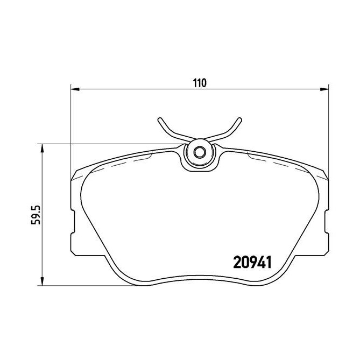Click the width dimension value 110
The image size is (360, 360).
coord(200,83)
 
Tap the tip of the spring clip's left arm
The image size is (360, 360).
coord(159,118)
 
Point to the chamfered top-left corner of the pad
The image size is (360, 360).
coord(77,173)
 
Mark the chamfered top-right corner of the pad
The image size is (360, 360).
coord(323,173)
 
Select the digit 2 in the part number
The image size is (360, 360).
coord(237,263)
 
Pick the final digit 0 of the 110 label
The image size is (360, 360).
coord(204,83)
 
